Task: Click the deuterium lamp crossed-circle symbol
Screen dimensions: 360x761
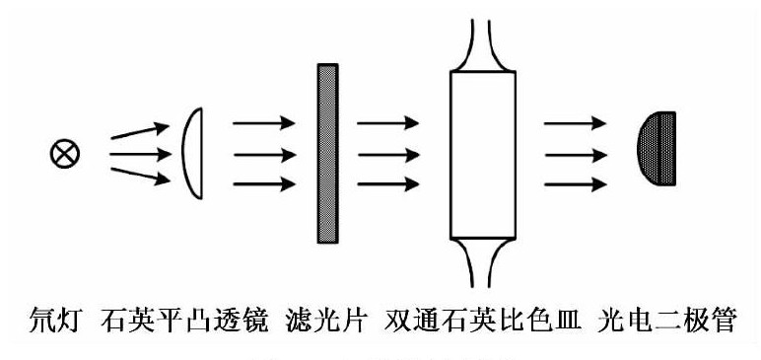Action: click(x=66, y=153)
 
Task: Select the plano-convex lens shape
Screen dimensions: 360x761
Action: click(x=193, y=153)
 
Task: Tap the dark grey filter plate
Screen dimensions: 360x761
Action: click(x=327, y=153)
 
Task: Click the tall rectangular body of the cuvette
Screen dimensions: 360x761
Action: click(x=482, y=155)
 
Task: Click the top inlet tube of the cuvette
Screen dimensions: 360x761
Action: click(x=482, y=44)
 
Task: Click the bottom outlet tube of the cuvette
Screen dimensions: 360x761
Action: click(x=482, y=264)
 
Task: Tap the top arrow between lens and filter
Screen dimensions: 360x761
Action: click(x=263, y=122)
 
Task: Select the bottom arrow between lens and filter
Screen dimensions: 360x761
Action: click(x=263, y=183)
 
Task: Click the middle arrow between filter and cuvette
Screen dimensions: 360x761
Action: click(x=386, y=153)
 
